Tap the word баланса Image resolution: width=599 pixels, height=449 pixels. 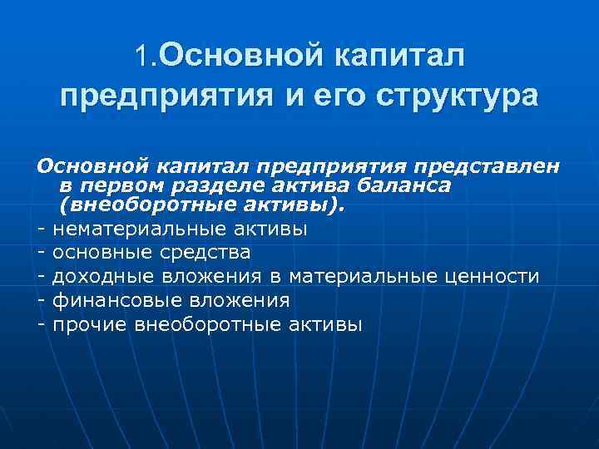[x=408, y=185]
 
